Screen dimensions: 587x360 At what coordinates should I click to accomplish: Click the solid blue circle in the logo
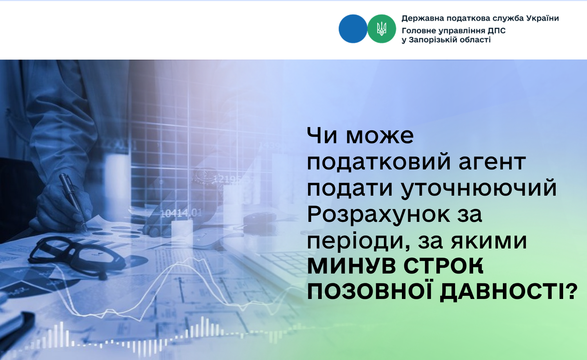(353, 29)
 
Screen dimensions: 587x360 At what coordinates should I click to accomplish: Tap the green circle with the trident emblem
(382, 29)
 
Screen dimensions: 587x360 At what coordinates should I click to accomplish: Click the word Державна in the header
(423, 19)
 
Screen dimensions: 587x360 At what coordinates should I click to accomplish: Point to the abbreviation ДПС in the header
(497, 31)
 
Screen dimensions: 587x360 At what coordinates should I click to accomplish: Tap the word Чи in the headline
(322, 135)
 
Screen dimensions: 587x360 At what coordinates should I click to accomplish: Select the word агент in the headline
(492, 162)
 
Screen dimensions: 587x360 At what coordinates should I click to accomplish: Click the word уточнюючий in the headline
(479, 188)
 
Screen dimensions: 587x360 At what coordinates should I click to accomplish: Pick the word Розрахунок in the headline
(378, 214)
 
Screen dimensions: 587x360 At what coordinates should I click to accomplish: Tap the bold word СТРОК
(443, 266)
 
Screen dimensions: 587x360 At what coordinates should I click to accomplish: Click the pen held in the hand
(73, 202)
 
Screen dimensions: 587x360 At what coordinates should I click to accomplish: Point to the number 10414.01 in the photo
(181, 213)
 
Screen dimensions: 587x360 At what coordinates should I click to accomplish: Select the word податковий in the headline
(379, 162)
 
